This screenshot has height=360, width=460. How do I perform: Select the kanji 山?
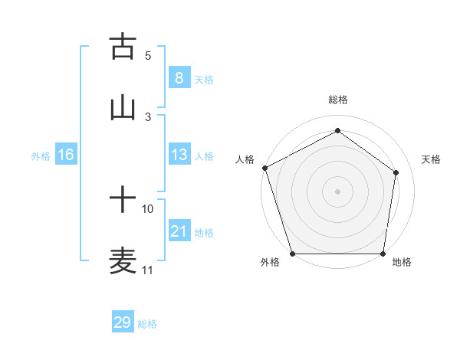tap(123, 108)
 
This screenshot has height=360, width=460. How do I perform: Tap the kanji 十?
tap(123, 201)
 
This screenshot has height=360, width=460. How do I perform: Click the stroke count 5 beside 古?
tap(148, 55)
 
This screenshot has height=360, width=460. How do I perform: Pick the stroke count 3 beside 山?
tap(148, 116)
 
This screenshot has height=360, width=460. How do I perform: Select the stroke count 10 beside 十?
tap(148, 208)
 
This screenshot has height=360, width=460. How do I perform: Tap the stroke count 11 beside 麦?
tap(148, 270)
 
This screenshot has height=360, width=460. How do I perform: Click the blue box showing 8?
tap(179, 77)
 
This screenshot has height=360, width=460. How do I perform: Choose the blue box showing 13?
tap(179, 155)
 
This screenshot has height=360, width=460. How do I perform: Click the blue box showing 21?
tap(179, 231)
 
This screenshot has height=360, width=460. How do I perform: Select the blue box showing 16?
tap(66, 155)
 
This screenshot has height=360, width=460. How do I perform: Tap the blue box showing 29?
tap(122, 322)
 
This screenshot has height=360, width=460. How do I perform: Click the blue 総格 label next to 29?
tap(147, 324)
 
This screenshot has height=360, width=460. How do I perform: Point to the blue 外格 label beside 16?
tap(41, 156)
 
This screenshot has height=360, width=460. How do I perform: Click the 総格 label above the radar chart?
tap(337, 100)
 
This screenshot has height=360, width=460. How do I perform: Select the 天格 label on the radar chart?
tap(431, 159)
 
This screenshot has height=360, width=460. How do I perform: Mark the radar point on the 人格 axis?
tap(264, 168)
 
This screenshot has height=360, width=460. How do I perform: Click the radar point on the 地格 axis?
tap(383, 254)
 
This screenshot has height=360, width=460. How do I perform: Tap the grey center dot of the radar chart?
tap(337, 191)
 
